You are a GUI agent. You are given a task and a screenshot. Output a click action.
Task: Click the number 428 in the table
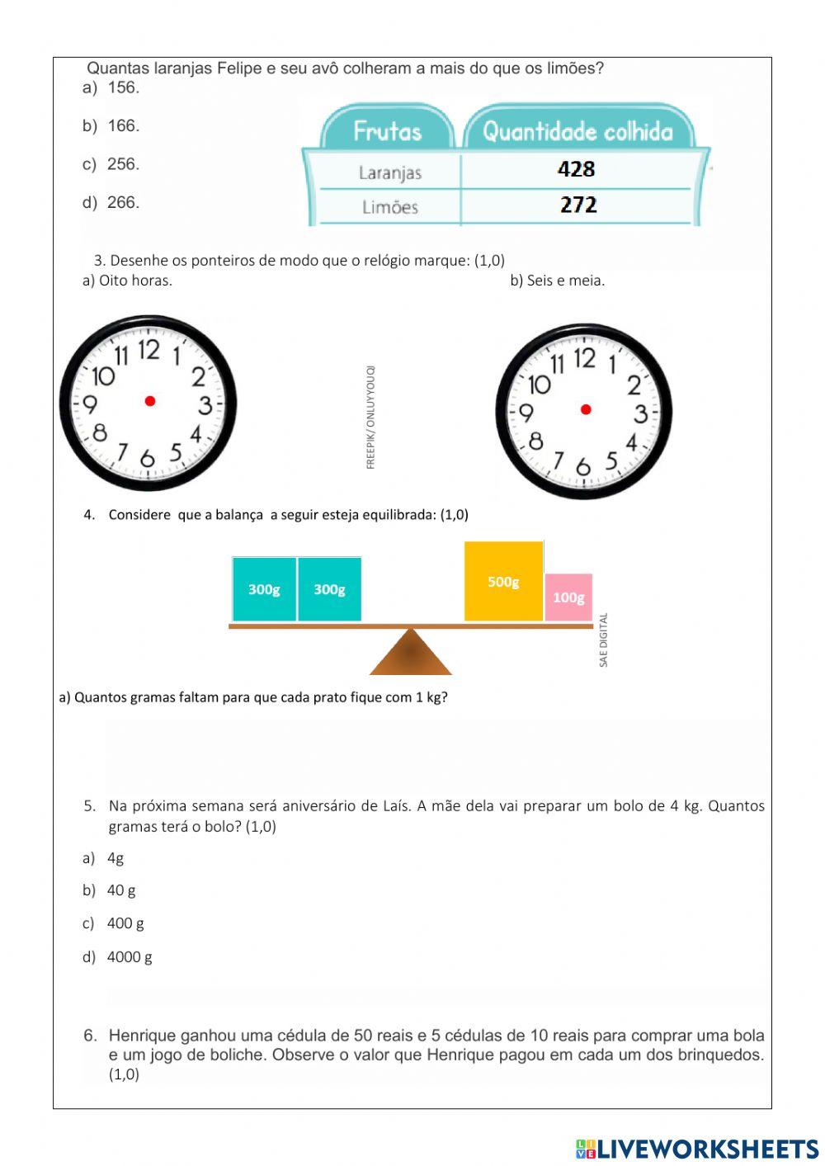(x=576, y=169)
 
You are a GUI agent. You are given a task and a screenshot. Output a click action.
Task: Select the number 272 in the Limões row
(x=577, y=205)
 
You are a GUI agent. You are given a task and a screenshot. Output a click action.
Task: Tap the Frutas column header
(x=387, y=131)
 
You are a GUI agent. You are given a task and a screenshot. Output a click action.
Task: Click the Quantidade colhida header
(x=577, y=131)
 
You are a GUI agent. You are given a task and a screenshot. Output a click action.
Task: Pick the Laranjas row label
(x=390, y=172)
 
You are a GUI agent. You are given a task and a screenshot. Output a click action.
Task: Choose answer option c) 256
(x=111, y=164)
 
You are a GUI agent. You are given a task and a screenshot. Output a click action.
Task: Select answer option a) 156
(x=111, y=87)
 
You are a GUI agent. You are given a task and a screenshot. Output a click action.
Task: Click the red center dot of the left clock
(x=150, y=401)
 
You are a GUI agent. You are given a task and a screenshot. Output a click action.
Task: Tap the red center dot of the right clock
(x=586, y=408)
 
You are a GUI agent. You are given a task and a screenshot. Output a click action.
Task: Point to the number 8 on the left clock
(x=100, y=432)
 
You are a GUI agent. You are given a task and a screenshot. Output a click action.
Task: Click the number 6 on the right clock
(x=583, y=467)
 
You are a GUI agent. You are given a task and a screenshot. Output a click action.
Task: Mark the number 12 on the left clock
(x=148, y=350)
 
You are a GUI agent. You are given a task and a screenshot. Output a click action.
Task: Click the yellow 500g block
(x=503, y=581)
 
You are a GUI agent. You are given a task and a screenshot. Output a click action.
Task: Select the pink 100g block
(x=568, y=597)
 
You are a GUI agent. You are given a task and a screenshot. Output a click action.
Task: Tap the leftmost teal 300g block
(x=264, y=589)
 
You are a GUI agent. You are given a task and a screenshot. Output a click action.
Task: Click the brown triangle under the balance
(x=411, y=654)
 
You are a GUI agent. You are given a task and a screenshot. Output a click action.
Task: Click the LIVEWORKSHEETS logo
(x=697, y=1149)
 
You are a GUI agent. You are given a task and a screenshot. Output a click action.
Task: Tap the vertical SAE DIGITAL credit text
(x=603, y=640)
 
